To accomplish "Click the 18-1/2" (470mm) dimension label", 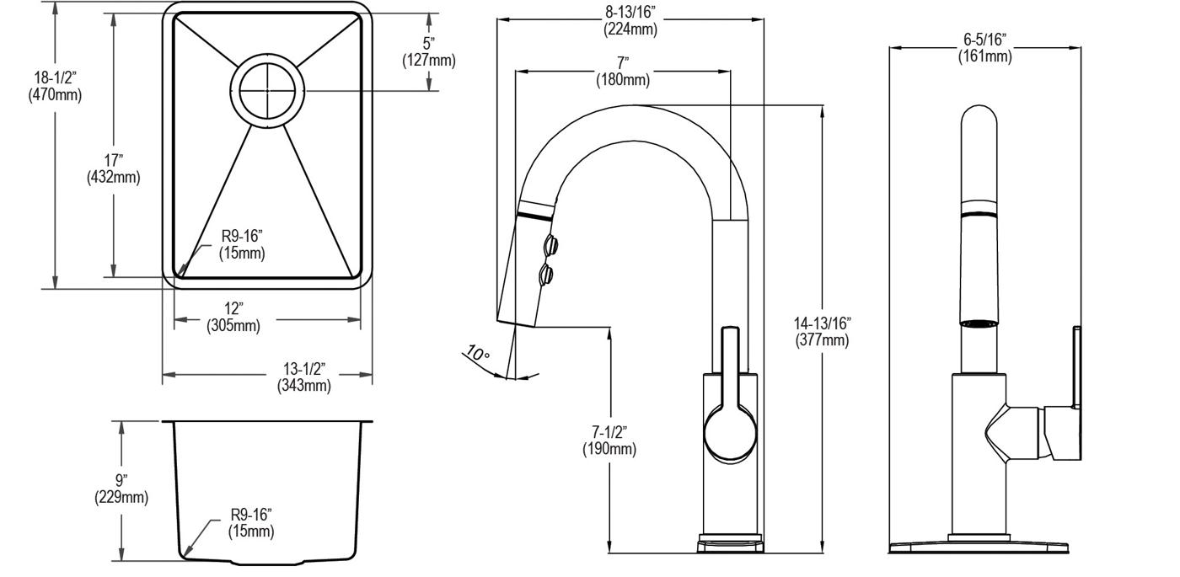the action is pyautogui.click(x=55, y=86).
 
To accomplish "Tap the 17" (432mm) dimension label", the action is pyautogui.click(x=113, y=168).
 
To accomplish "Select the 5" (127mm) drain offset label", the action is pyautogui.click(x=429, y=51).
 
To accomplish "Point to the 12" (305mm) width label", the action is pyautogui.click(x=233, y=317).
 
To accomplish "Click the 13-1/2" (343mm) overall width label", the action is pyautogui.click(x=304, y=377).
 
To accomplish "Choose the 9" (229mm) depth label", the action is pyautogui.click(x=121, y=489).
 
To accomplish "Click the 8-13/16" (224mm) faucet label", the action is pyautogui.click(x=630, y=20).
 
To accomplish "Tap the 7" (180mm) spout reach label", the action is pyautogui.click(x=623, y=71).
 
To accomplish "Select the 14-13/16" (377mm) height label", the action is pyautogui.click(x=822, y=331).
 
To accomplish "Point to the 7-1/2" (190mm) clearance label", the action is pyautogui.click(x=609, y=440).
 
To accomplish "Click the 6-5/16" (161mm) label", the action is pyautogui.click(x=984, y=47).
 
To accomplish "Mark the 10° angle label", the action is pyautogui.click(x=478, y=353).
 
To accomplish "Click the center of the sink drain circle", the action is pyautogui.click(x=267, y=91).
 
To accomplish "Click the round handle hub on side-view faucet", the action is pyautogui.click(x=730, y=433).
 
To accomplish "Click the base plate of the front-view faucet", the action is pyautogui.click(x=979, y=547).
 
